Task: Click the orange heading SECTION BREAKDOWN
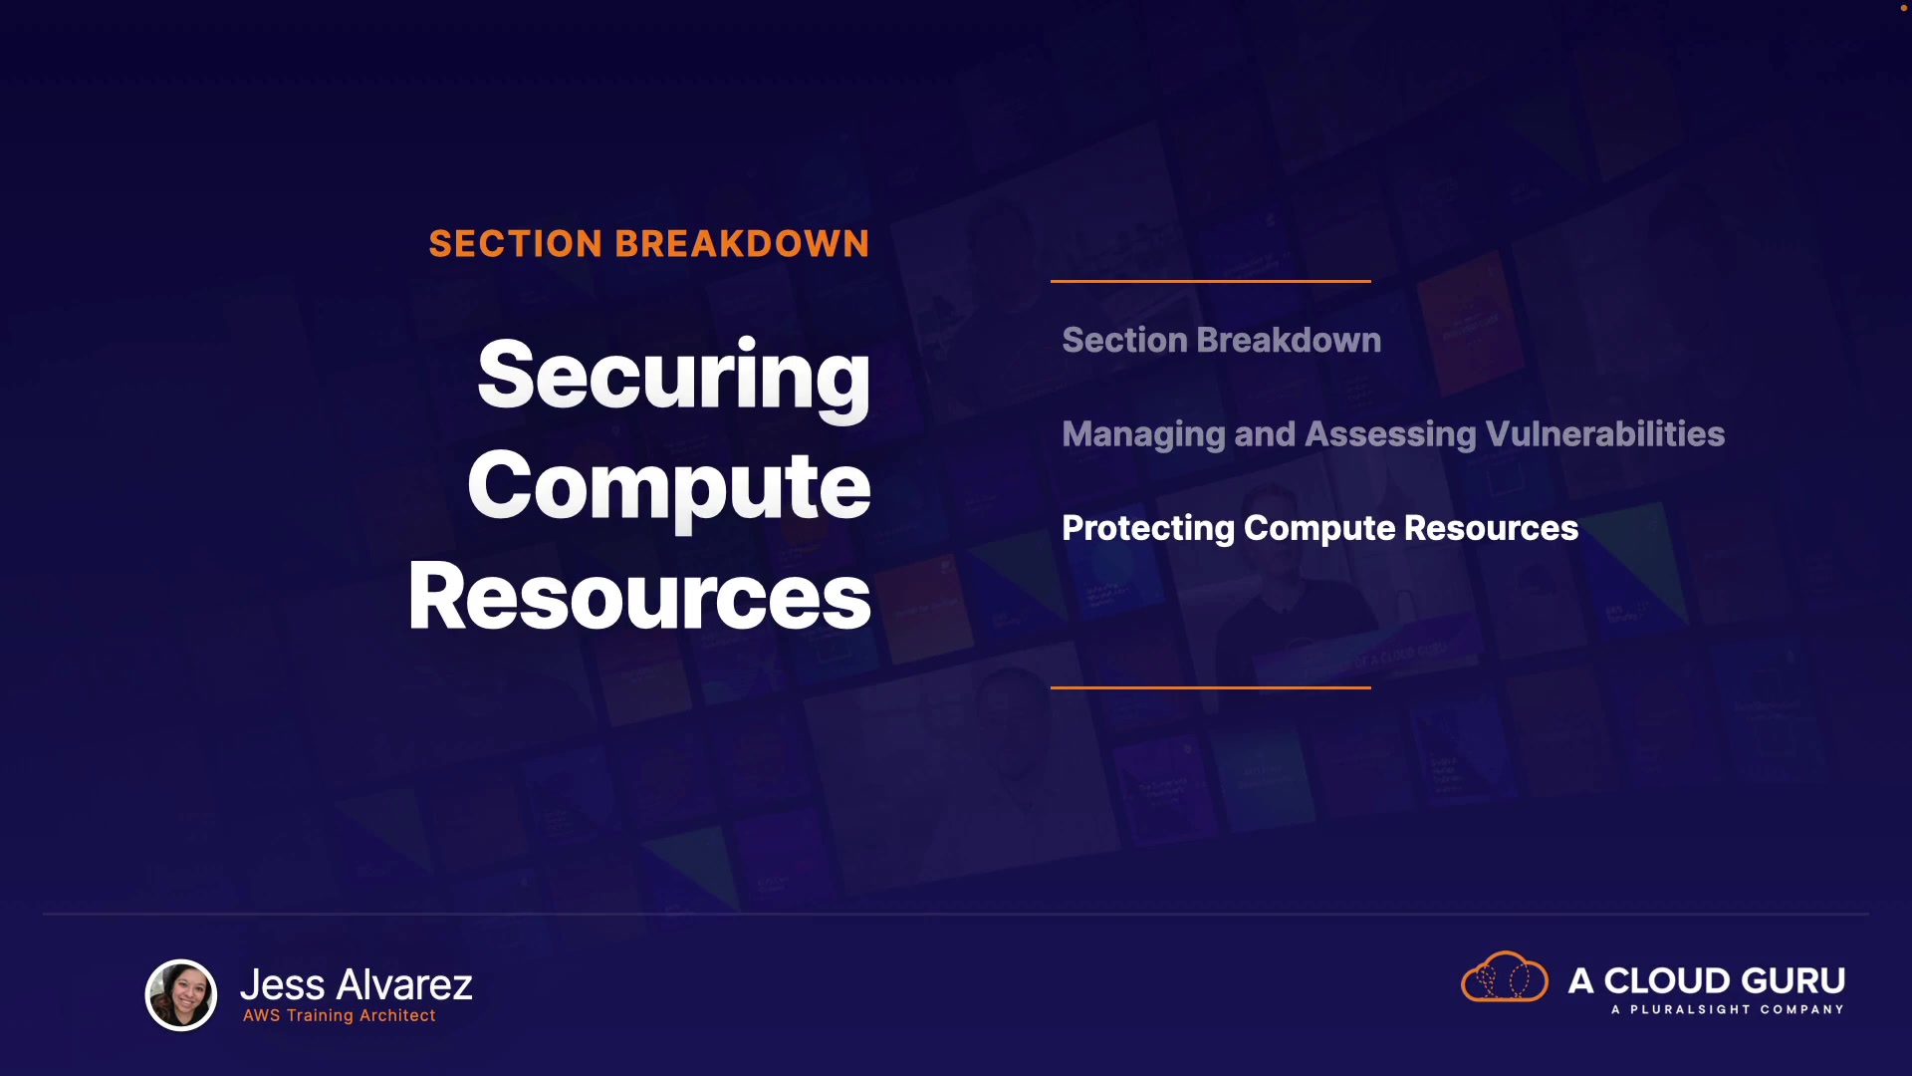[x=649, y=244]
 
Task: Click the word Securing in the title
[x=673, y=377]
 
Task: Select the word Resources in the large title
[x=639, y=596]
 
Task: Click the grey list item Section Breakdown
[x=1222, y=341]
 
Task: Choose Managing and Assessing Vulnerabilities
[x=1393, y=434]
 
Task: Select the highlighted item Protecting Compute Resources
[x=1320, y=528]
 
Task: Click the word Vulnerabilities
[x=1604, y=433]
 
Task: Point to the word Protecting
[x=1148, y=528]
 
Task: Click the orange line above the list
[x=1211, y=282]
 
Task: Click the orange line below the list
[x=1211, y=687]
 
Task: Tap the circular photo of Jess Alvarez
[x=181, y=994]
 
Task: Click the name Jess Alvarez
[x=357, y=984]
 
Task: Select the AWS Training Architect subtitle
[x=340, y=1015]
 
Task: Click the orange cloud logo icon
[x=1505, y=976]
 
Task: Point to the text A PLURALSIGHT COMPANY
[x=1728, y=1009]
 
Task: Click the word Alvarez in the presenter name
[x=404, y=984]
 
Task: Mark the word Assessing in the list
[x=1390, y=434]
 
